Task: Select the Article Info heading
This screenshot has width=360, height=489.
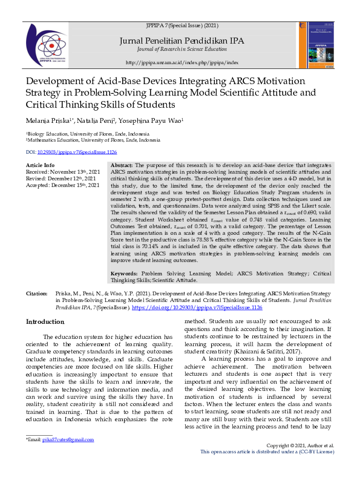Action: (x=40, y=165)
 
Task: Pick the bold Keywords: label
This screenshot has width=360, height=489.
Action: (x=126, y=274)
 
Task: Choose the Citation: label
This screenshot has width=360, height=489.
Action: (x=36, y=293)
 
